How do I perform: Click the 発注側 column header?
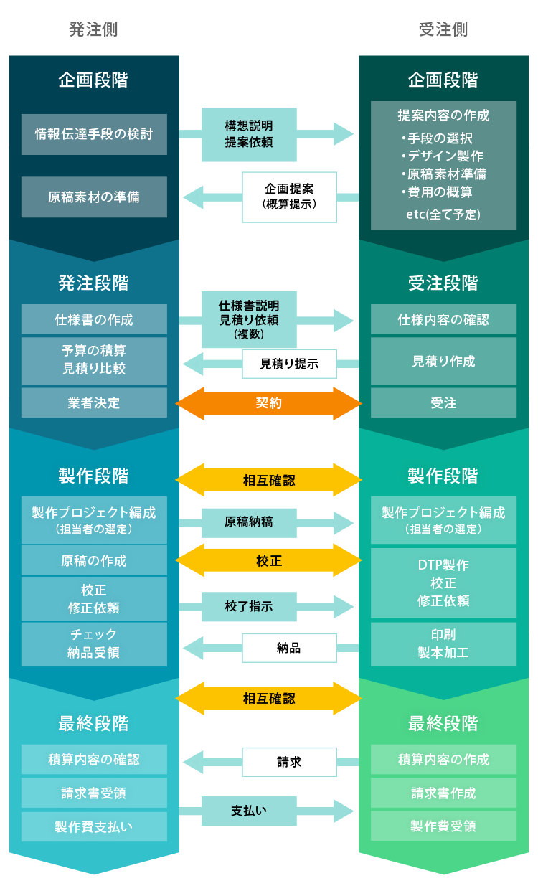pos(94,29)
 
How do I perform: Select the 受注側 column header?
pos(443,29)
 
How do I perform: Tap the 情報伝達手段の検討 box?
pos(94,134)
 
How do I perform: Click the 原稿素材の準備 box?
pos(94,197)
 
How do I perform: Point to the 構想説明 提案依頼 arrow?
pos(249,134)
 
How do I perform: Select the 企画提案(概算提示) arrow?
pos(289,197)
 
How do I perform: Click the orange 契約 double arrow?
pos(269,403)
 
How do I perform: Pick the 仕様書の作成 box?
pos(94,319)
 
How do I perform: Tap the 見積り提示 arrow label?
pos(289,364)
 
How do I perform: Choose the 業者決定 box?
pos(94,403)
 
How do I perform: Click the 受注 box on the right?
pos(443,403)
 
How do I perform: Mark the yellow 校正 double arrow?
pos(269,560)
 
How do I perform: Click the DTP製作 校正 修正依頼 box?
pos(443,583)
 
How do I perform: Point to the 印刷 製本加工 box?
pos(443,643)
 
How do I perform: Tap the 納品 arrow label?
pos(289,649)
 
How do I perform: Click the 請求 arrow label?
pos(289,762)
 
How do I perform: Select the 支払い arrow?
pos(249,811)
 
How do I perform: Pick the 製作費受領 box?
pos(443,826)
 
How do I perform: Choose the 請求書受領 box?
pos(94,793)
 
